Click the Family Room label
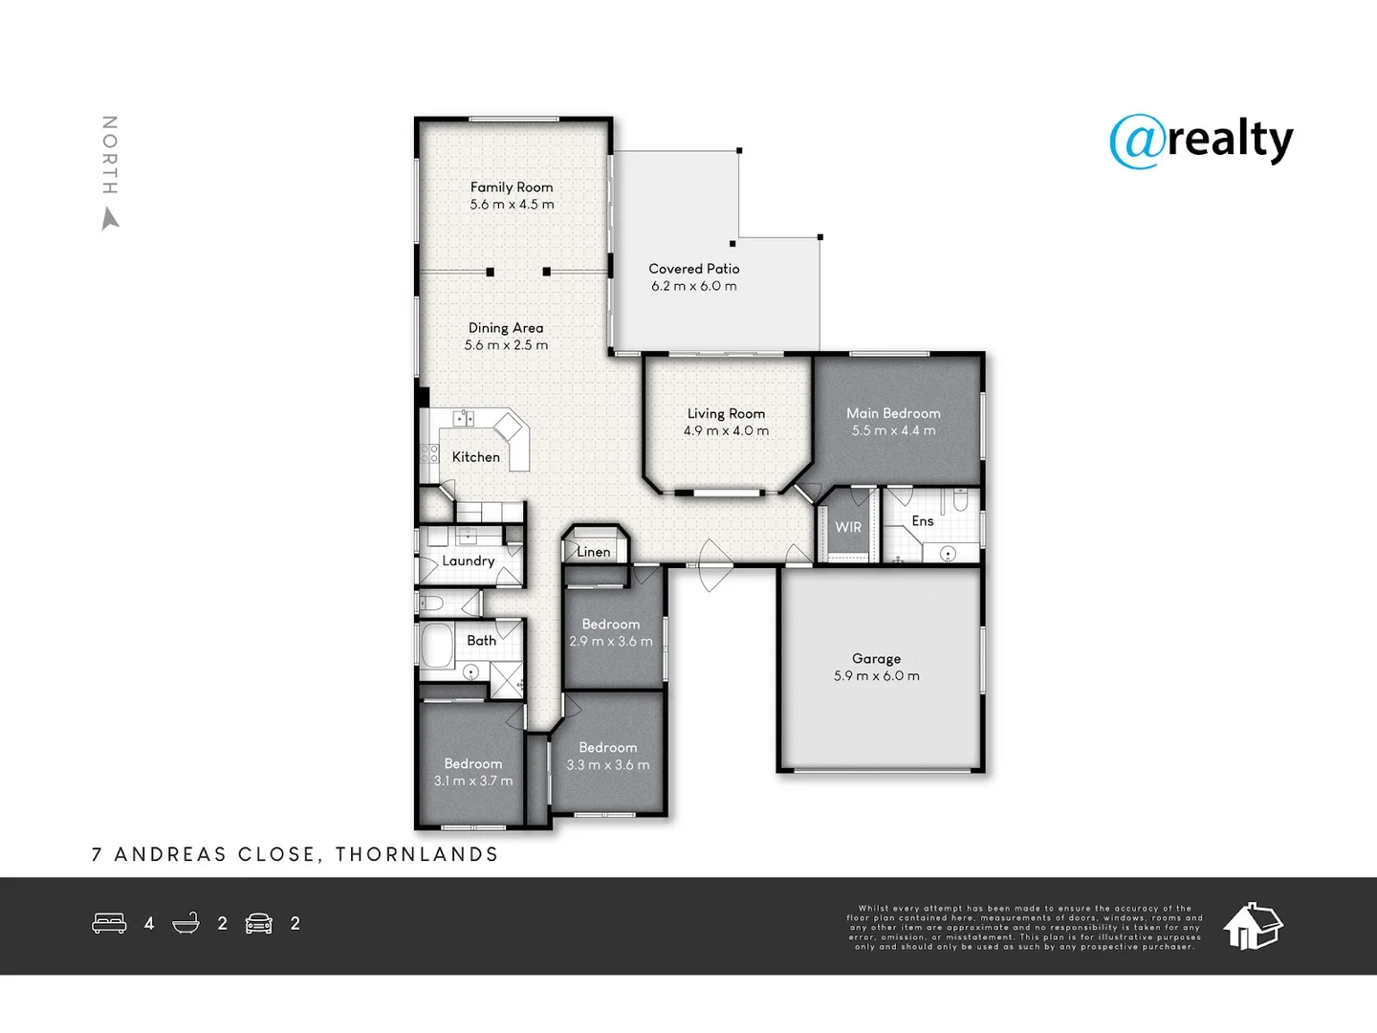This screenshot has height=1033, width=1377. [512, 187]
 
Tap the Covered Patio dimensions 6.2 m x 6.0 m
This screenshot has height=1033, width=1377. [694, 286]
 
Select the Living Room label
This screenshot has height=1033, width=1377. [726, 413]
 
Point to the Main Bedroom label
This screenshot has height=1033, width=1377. [893, 413]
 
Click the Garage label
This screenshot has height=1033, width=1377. [876, 658]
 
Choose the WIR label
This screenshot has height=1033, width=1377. [848, 527]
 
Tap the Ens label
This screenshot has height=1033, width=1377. [922, 520]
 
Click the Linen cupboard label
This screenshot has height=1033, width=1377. [593, 552]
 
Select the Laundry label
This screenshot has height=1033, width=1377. [468, 560]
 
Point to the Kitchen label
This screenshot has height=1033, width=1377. [475, 457]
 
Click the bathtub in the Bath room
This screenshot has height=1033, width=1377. [437, 647]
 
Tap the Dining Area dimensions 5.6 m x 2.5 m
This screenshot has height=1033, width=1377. [506, 345]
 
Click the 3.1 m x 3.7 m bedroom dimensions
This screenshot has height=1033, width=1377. [473, 780]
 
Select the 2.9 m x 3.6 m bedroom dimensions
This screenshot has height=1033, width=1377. [611, 641]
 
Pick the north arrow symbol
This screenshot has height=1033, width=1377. [111, 220]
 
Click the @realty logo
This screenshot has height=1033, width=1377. [1201, 142]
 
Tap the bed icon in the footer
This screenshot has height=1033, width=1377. [109, 923]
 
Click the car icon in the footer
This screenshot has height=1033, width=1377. [259, 923]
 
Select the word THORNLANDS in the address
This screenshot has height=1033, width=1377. [417, 854]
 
